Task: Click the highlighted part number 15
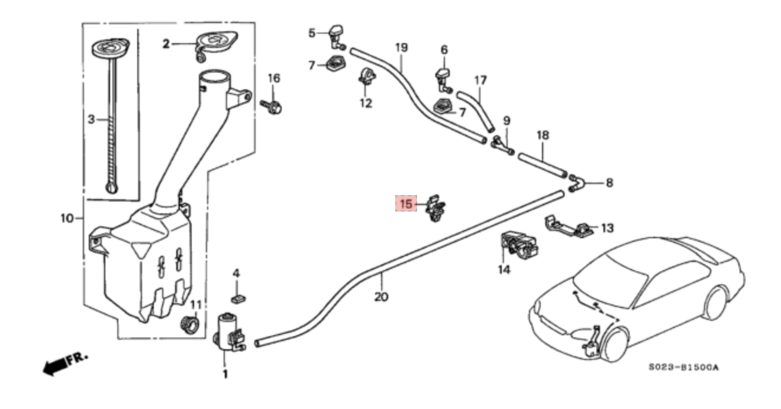[x=406, y=204]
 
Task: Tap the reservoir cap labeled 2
[x=216, y=43]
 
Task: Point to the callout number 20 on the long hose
[x=381, y=296]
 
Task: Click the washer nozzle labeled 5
[x=337, y=35]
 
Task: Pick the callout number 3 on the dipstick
[x=91, y=119]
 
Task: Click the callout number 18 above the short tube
[x=543, y=135]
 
